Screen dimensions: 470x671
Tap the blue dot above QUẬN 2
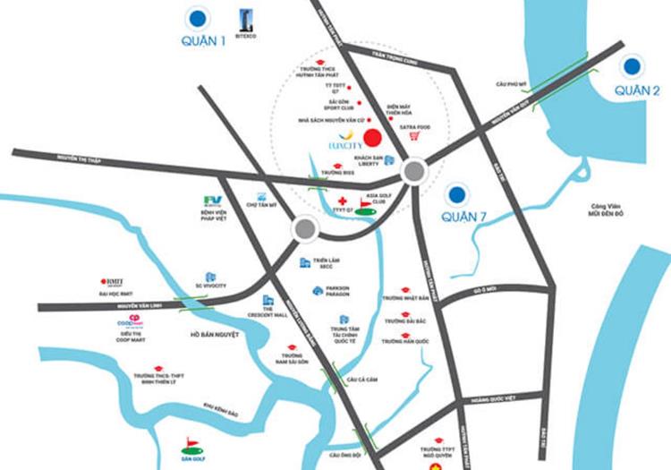pos(633,65)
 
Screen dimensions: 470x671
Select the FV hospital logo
pos(212,201)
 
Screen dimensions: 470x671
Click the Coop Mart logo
pos(131,323)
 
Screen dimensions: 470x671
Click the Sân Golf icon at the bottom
pos(191,442)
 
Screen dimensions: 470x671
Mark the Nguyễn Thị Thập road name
pos(81,158)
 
